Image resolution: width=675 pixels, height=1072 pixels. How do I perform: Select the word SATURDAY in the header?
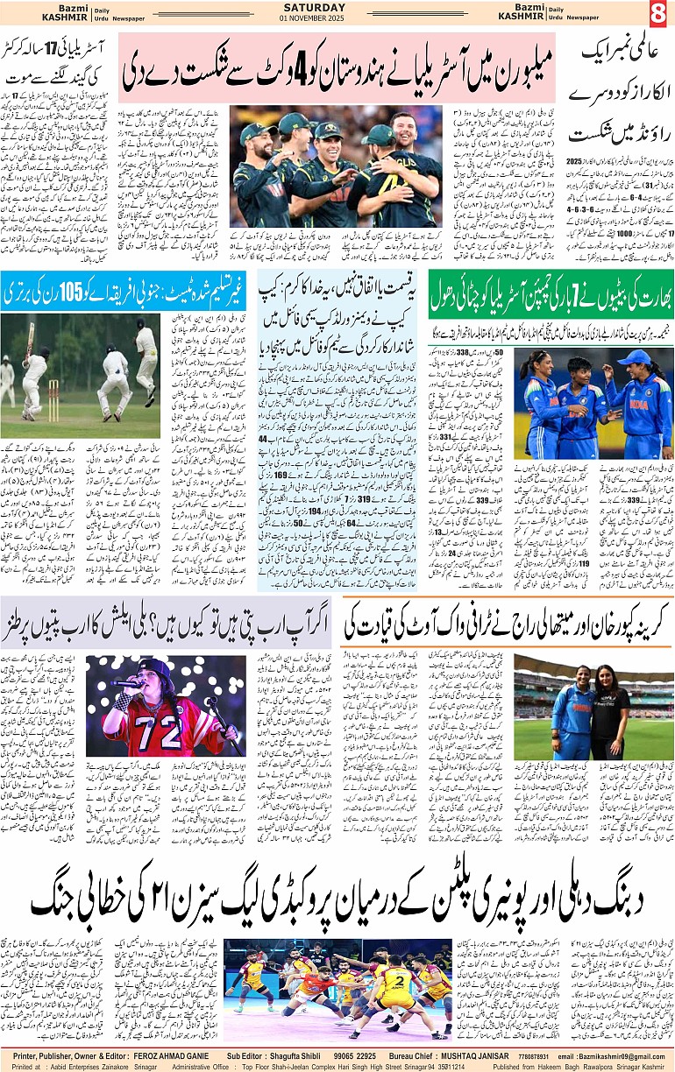point(302,7)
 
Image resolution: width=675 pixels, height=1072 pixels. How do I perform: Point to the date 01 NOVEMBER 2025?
point(302,18)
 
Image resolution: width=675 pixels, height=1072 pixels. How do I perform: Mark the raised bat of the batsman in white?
point(32,338)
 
